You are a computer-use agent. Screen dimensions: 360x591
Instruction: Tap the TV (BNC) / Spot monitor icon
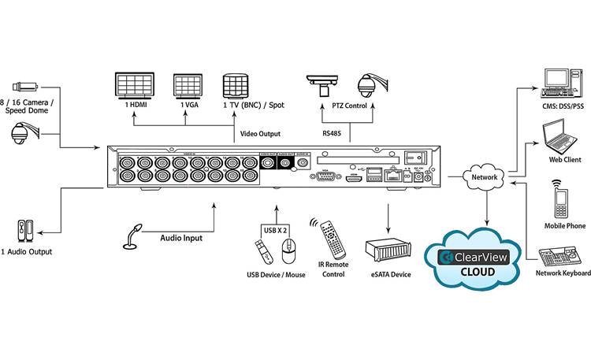tap(236, 87)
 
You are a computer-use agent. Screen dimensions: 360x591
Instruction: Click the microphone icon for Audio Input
tap(133, 236)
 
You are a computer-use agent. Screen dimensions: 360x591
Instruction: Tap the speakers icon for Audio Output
tap(24, 231)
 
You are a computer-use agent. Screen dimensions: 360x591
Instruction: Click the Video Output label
tap(259, 134)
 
